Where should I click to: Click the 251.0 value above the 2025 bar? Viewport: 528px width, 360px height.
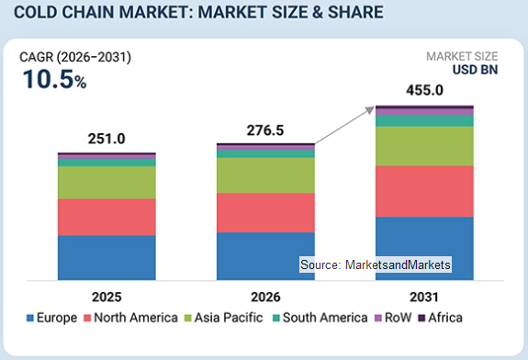tap(107, 139)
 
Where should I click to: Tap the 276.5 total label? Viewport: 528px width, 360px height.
tap(265, 130)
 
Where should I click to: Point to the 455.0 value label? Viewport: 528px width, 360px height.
tap(424, 90)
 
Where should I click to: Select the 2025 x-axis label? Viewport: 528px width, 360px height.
tap(107, 297)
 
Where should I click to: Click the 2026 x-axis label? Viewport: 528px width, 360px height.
tap(265, 297)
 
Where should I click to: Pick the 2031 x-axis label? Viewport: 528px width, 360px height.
tap(424, 297)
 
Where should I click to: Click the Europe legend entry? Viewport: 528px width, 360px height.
tap(51, 318)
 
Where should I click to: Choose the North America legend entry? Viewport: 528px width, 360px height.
tap(130, 318)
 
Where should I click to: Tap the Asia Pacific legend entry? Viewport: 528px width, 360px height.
tap(223, 318)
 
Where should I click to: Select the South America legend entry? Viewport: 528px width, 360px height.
tap(320, 318)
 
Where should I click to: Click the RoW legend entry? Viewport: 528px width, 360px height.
tap(393, 318)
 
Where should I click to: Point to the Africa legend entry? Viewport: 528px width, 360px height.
tap(440, 318)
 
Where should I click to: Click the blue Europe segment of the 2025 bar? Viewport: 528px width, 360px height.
tap(107, 258)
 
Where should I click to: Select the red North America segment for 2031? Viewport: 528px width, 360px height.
tap(424, 191)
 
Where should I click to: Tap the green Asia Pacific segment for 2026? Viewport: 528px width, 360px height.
tap(265, 175)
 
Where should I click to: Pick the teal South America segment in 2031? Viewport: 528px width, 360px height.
tap(424, 121)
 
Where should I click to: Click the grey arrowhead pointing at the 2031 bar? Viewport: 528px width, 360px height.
tap(370, 110)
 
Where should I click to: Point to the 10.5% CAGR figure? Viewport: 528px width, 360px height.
tap(54, 80)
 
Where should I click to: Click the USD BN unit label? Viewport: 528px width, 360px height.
tap(475, 70)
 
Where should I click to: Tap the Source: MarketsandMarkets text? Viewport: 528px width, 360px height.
tap(376, 264)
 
